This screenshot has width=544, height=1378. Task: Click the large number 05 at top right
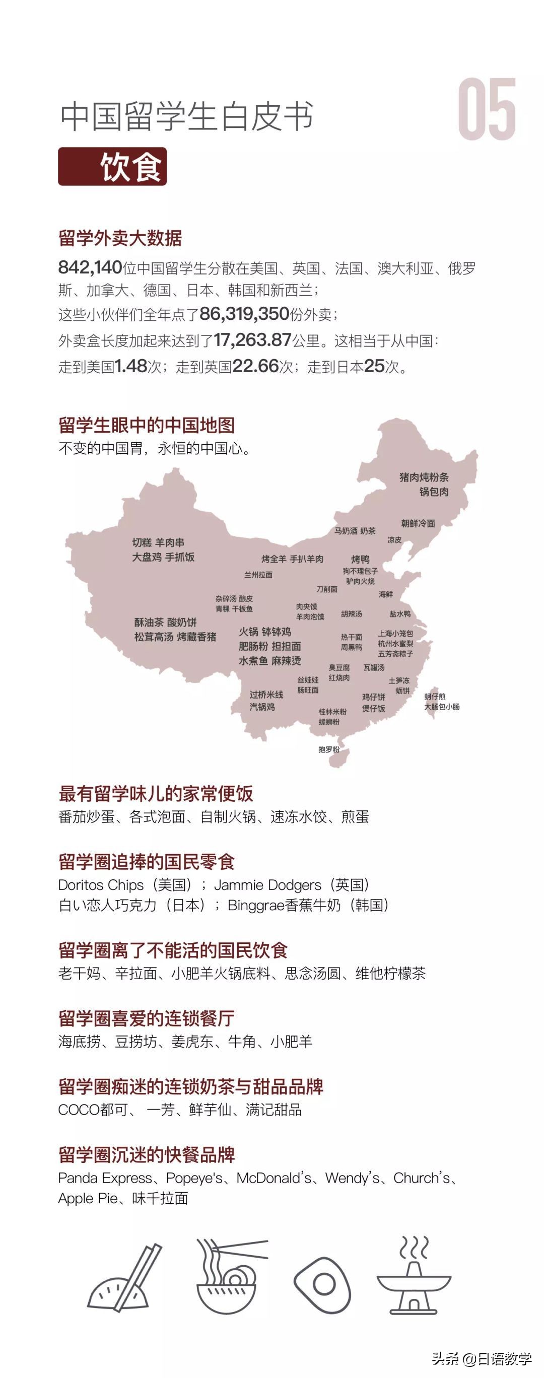487,110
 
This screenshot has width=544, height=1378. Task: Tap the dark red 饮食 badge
112,166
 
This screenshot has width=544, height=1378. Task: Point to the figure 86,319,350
244,314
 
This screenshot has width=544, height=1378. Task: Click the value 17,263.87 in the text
252,339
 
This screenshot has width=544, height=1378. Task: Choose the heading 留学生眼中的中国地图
147,425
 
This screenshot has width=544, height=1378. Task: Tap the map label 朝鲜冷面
418,523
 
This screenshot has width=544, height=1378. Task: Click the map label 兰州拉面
258,575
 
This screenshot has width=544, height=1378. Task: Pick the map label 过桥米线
266,695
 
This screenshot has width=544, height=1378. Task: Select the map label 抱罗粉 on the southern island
328,749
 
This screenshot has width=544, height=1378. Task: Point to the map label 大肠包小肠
442,707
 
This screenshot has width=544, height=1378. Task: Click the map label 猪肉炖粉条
424,477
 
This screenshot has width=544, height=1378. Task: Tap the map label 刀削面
326,589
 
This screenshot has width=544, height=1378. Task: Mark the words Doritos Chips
101,885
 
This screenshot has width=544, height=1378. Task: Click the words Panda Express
105,1178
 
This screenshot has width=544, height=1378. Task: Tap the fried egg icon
322,1284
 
